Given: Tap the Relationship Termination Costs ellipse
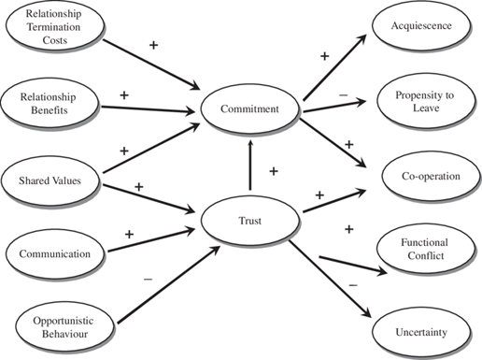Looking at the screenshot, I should (x=51, y=30).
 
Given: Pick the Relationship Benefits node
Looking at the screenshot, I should (x=51, y=102).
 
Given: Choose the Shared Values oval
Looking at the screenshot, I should (x=51, y=177).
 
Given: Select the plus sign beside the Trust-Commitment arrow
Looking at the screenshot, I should (x=273, y=171).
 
